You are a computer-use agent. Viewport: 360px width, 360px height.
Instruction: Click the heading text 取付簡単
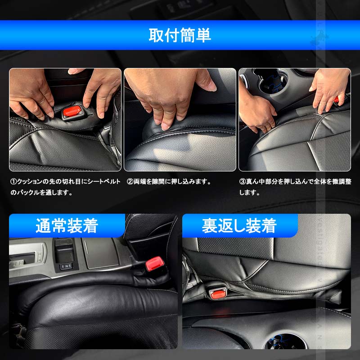(x=180, y=35)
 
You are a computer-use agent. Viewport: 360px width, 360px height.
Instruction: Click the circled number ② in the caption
(x=130, y=182)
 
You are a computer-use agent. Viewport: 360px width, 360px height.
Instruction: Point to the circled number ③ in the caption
(x=242, y=182)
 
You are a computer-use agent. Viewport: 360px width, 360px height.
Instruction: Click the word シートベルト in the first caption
(x=104, y=182)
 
